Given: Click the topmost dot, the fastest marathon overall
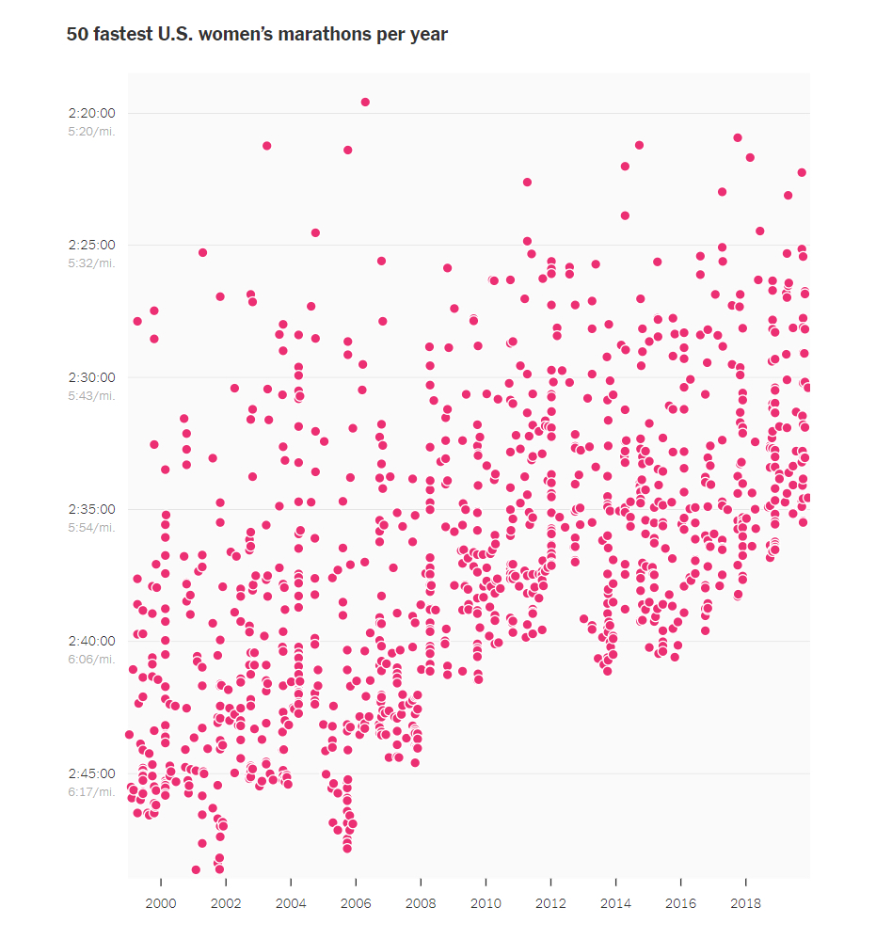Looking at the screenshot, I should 365,102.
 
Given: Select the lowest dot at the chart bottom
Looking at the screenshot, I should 196,869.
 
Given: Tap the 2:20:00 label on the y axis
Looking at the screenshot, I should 91,113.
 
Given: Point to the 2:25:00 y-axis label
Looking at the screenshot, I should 91,245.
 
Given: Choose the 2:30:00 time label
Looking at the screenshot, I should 91,376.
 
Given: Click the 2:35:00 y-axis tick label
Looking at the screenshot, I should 91,509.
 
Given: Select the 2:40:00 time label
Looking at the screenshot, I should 91,641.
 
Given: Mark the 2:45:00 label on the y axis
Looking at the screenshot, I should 91,773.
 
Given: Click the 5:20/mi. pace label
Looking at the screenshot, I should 91,131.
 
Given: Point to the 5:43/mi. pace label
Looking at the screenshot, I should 91,395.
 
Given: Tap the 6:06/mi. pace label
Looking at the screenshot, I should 91,659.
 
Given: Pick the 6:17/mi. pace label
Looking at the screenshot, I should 91,791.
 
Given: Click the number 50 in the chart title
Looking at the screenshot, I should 76,35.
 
